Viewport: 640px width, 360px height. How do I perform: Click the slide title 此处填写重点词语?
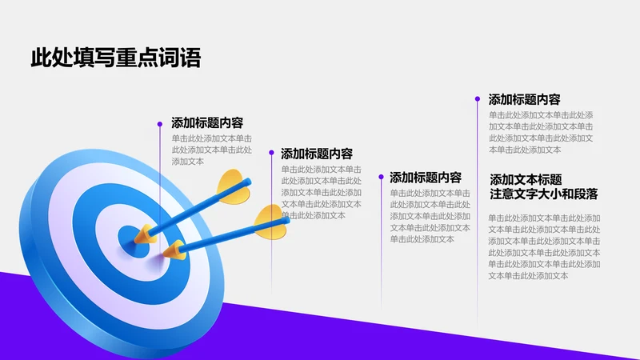click(x=115, y=58)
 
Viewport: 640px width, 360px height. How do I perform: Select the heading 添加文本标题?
click(x=526, y=179)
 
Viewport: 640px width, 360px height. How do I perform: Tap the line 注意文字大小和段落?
click(x=544, y=194)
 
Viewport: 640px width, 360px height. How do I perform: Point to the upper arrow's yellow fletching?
click(x=233, y=186)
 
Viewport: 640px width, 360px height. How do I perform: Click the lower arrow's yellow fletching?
click(x=270, y=222)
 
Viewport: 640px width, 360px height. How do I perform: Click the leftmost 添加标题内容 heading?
click(x=207, y=123)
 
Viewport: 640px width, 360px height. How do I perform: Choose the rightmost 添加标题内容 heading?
click(x=524, y=99)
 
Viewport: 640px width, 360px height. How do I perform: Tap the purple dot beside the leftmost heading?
click(x=160, y=123)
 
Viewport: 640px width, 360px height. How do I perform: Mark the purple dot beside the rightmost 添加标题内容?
click(x=478, y=99)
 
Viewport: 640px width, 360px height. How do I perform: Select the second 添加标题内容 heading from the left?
click(x=317, y=154)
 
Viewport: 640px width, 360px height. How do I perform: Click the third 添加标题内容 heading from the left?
click(x=426, y=178)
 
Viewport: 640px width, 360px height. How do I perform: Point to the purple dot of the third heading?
click(x=381, y=178)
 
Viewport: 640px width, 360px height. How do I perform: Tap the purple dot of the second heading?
click(x=272, y=154)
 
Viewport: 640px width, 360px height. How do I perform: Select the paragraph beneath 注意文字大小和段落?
click(x=544, y=246)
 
